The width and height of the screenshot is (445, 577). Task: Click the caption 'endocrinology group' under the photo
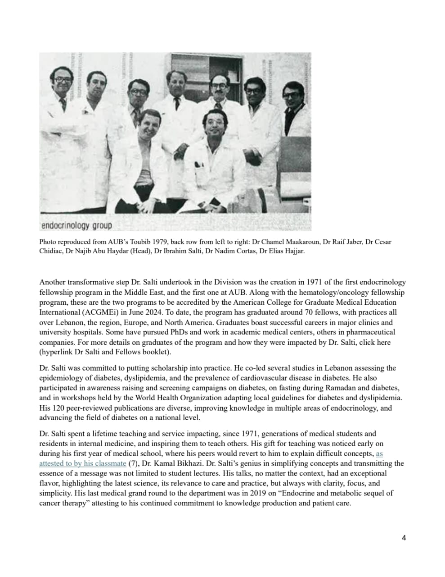[76, 225]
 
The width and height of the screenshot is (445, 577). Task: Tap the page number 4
[404, 538]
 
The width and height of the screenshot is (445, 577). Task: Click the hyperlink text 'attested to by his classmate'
[83, 463]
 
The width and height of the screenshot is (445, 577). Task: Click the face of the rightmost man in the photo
[292, 96]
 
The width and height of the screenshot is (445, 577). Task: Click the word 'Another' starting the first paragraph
[52, 283]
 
